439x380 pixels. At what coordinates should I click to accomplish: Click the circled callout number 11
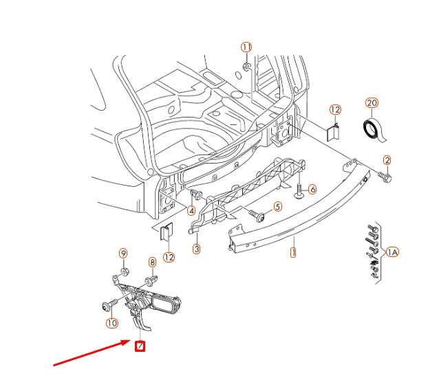pyautogui.click(x=246, y=47)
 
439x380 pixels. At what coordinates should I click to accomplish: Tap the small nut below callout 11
pyautogui.click(x=246, y=67)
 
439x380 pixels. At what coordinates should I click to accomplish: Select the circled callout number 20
pyautogui.click(x=372, y=103)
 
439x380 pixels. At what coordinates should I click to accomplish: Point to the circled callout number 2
pyautogui.click(x=387, y=160)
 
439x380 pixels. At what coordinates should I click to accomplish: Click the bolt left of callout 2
pyautogui.click(x=383, y=177)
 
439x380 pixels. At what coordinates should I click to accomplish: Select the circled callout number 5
pyautogui.click(x=277, y=206)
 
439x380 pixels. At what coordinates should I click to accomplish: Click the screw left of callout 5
pyautogui.click(x=258, y=215)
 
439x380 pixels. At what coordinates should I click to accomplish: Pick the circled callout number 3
pyautogui.click(x=196, y=249)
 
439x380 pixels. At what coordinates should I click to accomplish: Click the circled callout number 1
pyautogui.click(x=292, y=252)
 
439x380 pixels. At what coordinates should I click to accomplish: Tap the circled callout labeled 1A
pyautogui.click(x=392, y=252)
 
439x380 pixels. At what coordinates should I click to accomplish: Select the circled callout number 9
pyautogui.click(x=123, y=254)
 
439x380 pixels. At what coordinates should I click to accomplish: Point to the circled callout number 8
pyautogui.click(x=153, y=262)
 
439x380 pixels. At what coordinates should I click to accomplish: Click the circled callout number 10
pyautogui.click(x=111, y=322)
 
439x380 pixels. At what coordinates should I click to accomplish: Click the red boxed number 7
pyautogui.click(x=140, y=346)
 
